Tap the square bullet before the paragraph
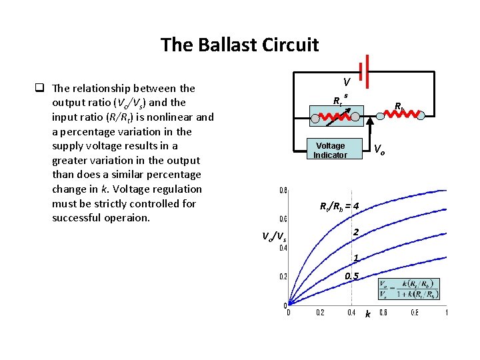40,88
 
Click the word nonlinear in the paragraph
169,117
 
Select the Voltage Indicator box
331,151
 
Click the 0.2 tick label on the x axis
320,313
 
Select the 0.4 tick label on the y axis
283,248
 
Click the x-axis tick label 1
446,313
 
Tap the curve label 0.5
352,276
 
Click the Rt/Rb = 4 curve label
340,206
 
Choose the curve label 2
357,232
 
